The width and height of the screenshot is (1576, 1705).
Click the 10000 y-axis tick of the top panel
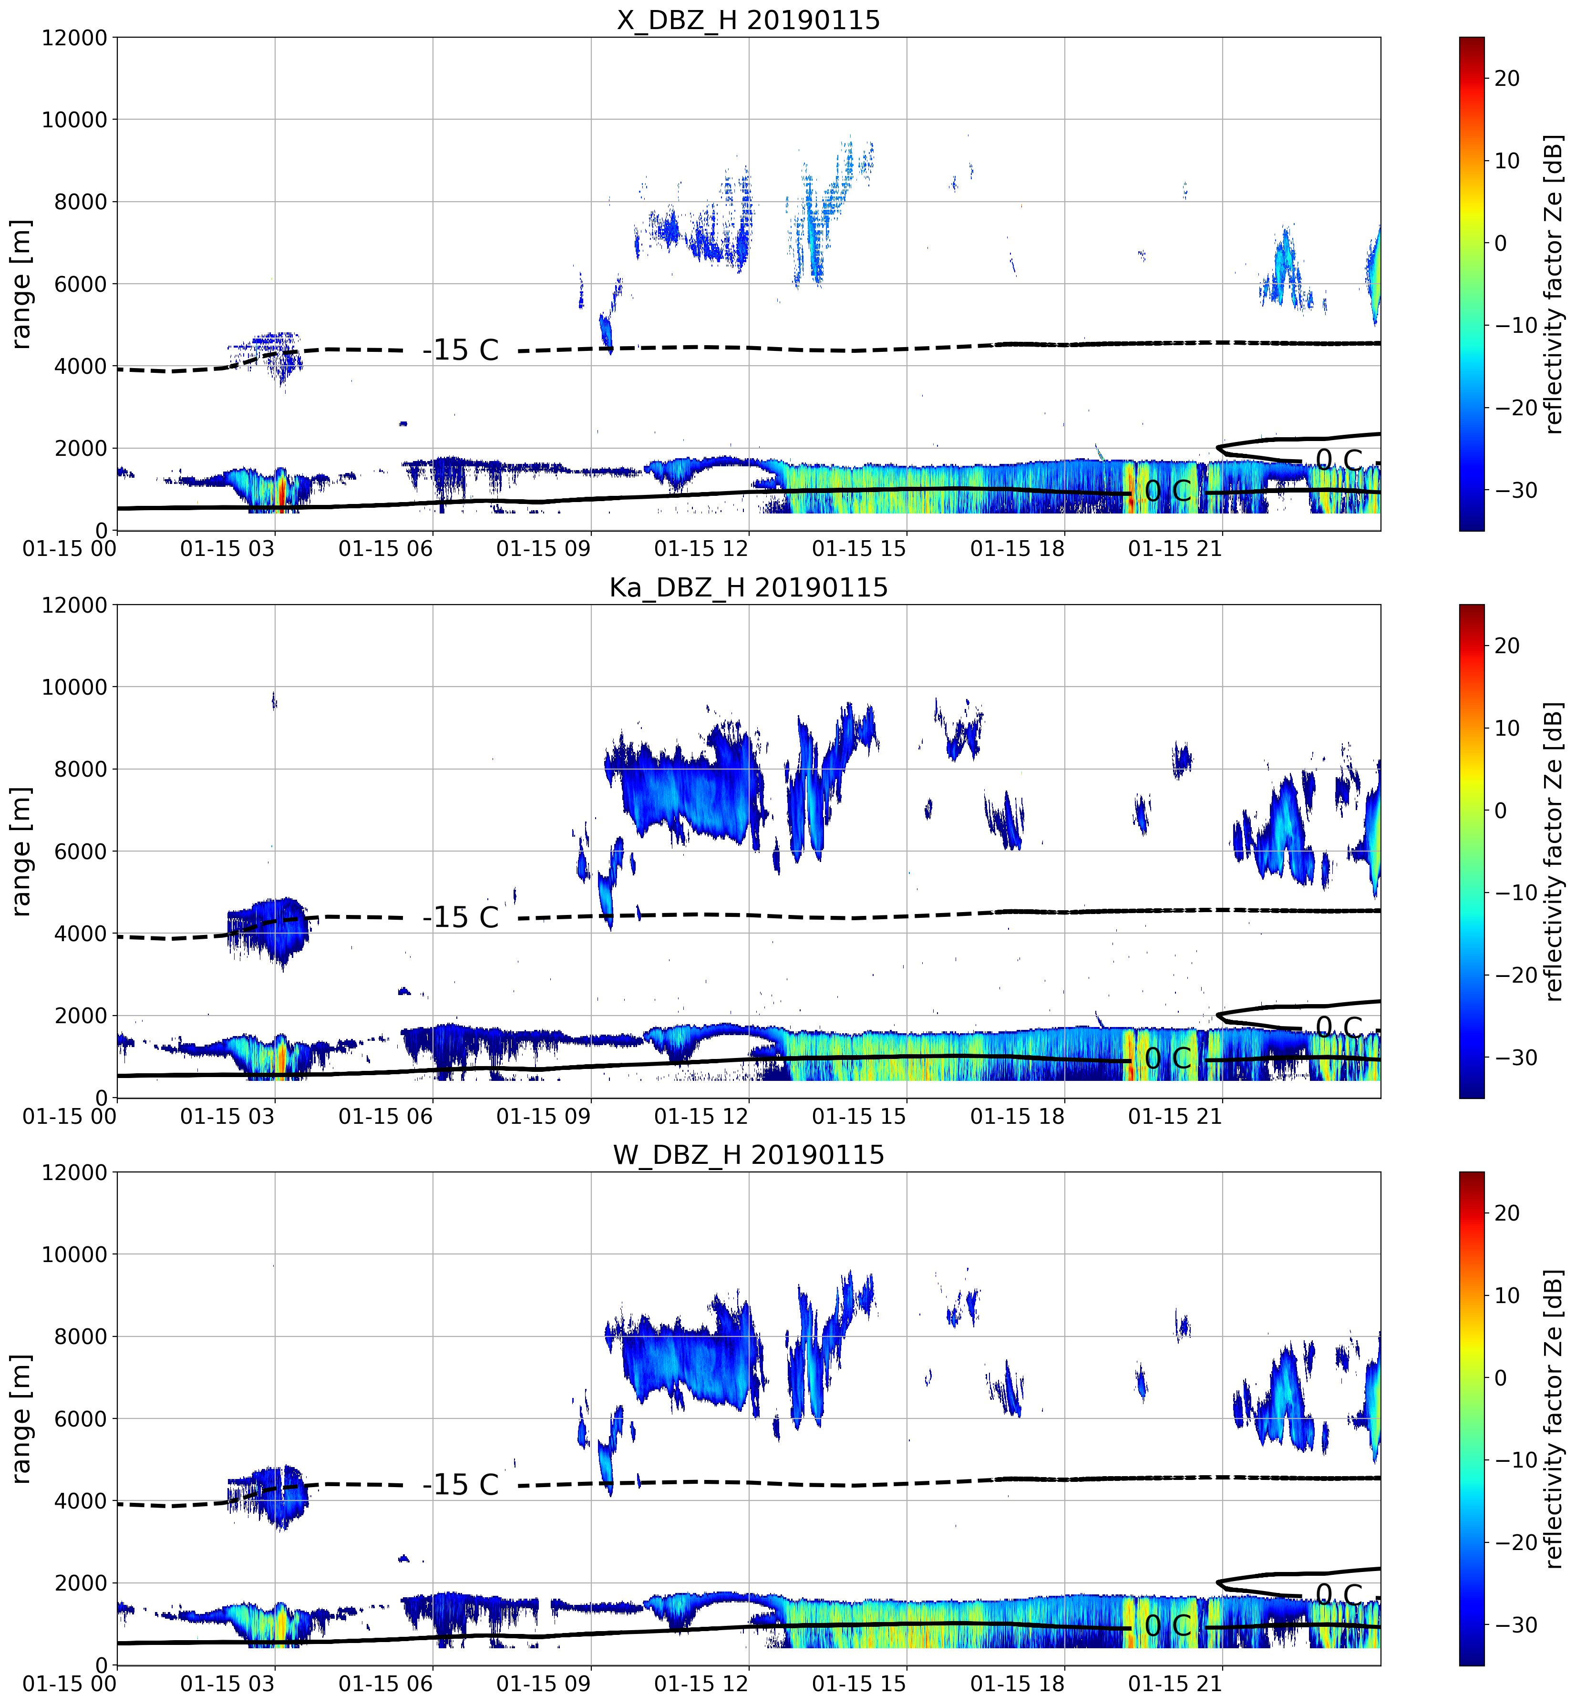click(75, 119)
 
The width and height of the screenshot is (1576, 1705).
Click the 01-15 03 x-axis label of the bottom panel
click(228, 1684)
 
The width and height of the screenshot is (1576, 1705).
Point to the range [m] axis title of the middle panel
click(21, 851)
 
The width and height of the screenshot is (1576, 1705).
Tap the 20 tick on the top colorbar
click(1507, 78)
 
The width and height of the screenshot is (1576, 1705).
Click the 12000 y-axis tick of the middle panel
click(75, 605)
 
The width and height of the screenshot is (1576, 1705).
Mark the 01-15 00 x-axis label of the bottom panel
click(70, 1684)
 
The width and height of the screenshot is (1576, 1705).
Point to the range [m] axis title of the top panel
click(21, 284)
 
